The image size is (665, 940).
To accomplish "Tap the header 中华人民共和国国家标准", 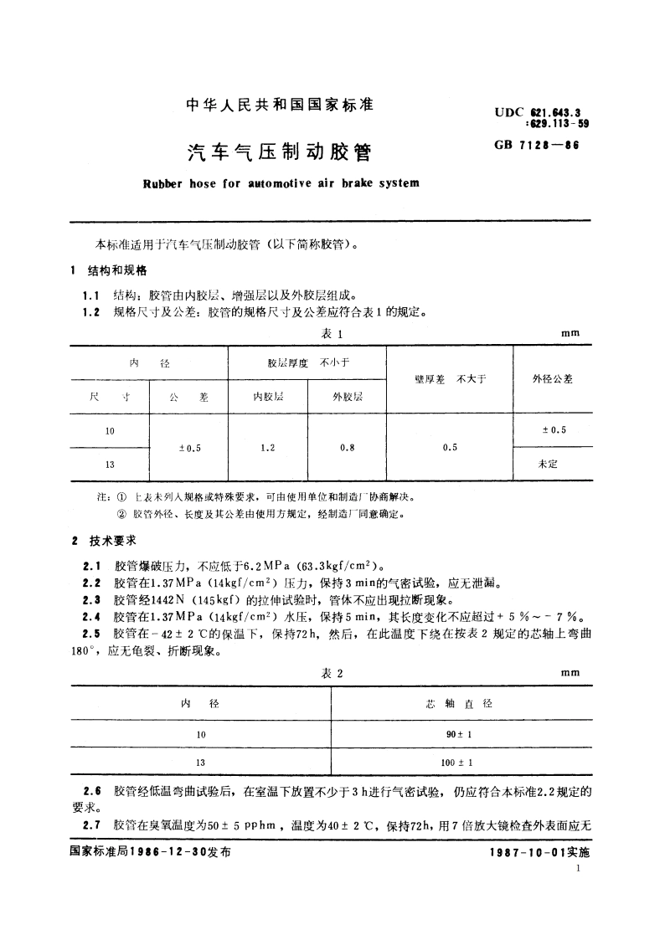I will click(279, 106).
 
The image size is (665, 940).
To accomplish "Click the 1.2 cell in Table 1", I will click(268, 448).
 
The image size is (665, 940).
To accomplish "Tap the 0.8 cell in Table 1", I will click(347, 448).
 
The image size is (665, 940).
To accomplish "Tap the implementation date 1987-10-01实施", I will click(539, 851).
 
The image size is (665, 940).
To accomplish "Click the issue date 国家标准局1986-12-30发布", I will click(147, 851).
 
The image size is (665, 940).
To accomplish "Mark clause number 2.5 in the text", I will click(93, 634).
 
